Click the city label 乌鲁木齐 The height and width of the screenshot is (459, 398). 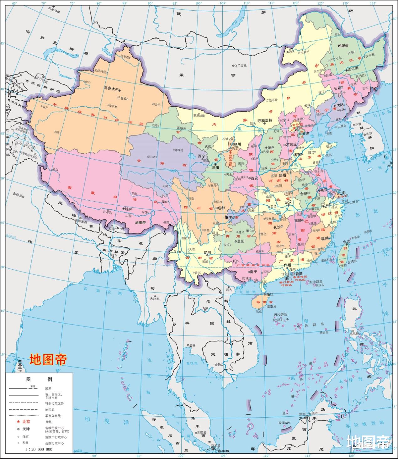pyautogui.click(x=111, y=89)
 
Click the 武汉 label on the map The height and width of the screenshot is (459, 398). pyautogui.click(x=288, y=202)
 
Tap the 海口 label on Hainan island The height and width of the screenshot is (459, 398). pyautogui.click(x=270, y=294)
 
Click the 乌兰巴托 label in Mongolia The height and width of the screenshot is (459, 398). pyautogui.click(x=241, y=66)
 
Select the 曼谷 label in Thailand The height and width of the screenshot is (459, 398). pyautogui.click(x=191, y=345)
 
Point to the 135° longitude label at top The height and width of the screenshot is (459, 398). pyautogui.click(x=373, y=3)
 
